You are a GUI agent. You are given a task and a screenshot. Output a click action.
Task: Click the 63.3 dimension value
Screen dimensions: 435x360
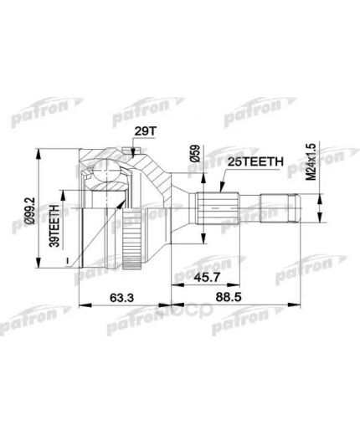[122, 294]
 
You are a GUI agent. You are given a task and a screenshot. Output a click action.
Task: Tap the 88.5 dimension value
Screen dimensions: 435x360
[243, 294]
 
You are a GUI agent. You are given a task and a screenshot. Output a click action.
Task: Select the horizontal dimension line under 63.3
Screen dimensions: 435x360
[122, 304]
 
